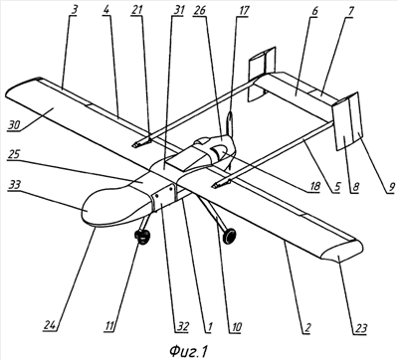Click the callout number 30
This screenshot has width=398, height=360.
pos(14,124)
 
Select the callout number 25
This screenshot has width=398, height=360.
pos(14,154)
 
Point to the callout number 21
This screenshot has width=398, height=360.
pos(136,10)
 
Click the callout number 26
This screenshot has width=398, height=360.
pos(200,10)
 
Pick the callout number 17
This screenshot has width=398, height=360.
pos(243,10)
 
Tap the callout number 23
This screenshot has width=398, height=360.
pos(361,328)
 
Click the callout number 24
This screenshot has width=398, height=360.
pos(50,326)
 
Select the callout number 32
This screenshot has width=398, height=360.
pos(182,327)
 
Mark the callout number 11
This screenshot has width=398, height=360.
pos(109,326)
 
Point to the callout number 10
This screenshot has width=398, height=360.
pos(236,327)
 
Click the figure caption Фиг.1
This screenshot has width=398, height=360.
pos(188,351)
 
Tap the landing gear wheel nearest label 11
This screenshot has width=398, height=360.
pos(142,237)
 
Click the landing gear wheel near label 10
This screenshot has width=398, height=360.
pos(229,236)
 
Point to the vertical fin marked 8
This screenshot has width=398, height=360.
pos(343,126)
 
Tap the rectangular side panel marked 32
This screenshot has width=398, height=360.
pos(163,198)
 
